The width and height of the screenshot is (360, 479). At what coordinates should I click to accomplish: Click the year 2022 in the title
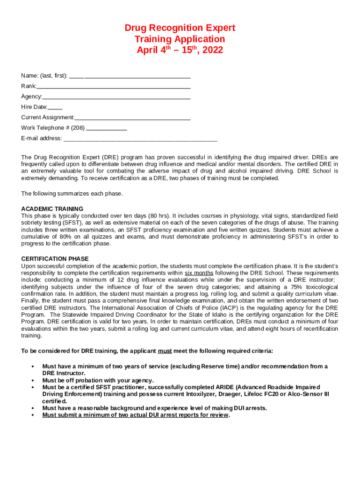[x=210, y=50]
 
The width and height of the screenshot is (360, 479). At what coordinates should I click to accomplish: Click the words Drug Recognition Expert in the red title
[x=180, y=28]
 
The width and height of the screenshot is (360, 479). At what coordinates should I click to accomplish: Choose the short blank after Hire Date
[x=55, y=108]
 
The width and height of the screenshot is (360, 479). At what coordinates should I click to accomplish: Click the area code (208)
[x=78, y=128]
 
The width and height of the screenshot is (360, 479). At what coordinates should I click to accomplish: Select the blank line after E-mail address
[x=140, y=139]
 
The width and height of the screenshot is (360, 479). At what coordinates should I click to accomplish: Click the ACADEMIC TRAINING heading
[x=52, y=209]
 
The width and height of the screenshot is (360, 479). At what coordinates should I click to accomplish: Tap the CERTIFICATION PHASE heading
[x=55, y=259]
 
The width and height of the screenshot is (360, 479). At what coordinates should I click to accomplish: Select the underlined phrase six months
[x=199, y=273]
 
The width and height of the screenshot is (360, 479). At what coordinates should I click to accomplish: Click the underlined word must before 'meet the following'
[x=164, y=351]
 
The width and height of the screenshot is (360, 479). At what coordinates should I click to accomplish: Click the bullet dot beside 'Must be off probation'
[x=32, y=380]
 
